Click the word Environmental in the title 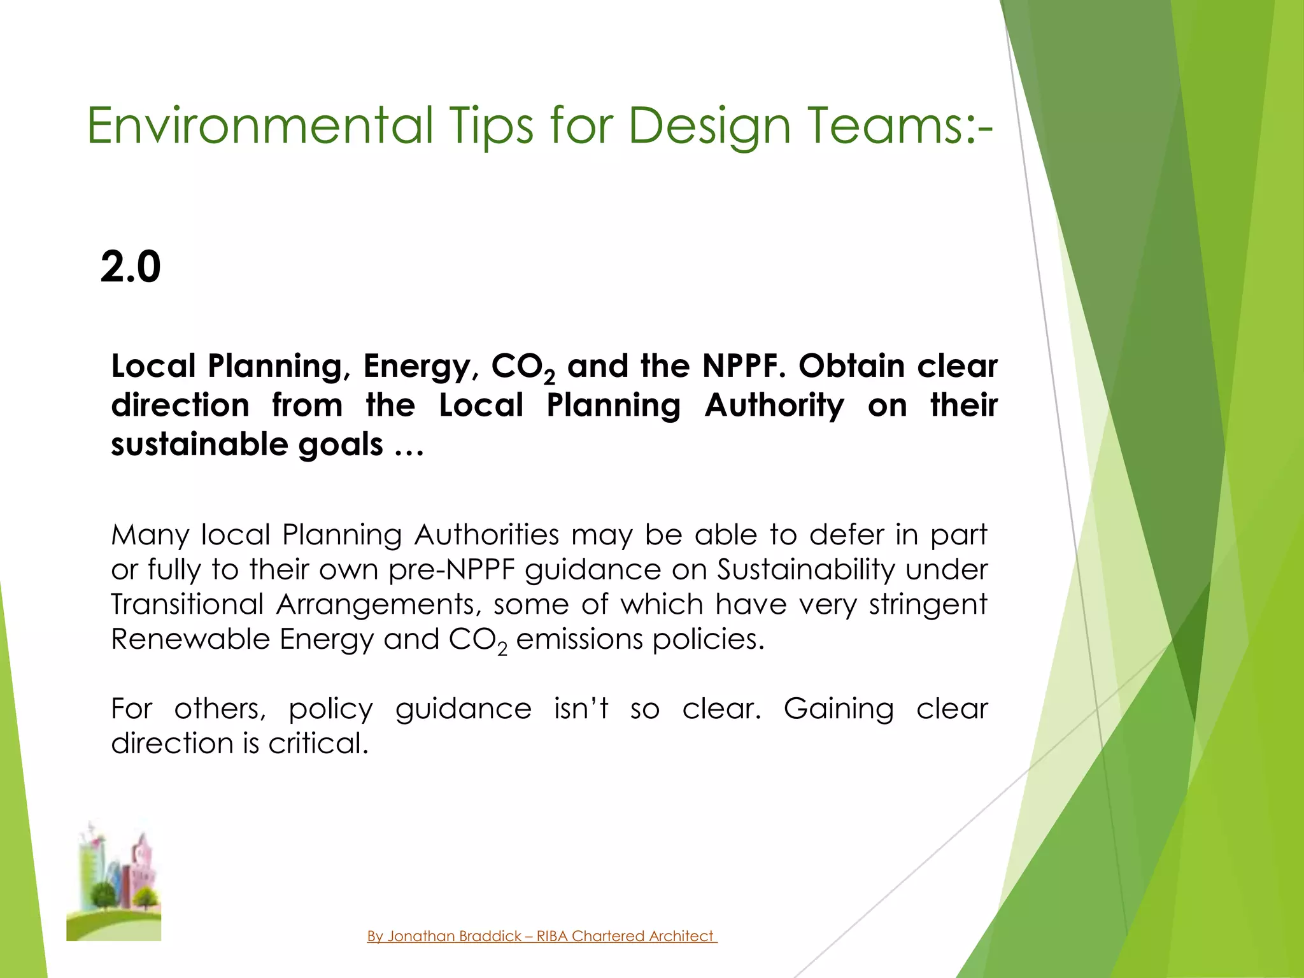tap(260, 125)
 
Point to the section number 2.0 tap(131, 267)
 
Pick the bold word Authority tap(774, 406)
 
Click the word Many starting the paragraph tap(150, 535)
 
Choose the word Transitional tap(187, 604)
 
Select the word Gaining tap(839, 709)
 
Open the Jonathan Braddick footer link tap(542, 936)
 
